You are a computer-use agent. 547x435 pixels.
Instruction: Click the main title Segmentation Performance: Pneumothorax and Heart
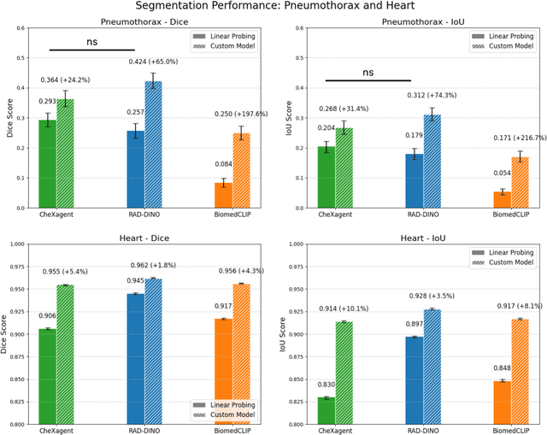point(273,6)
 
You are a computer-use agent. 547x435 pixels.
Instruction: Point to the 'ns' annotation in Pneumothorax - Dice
point(92,39)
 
